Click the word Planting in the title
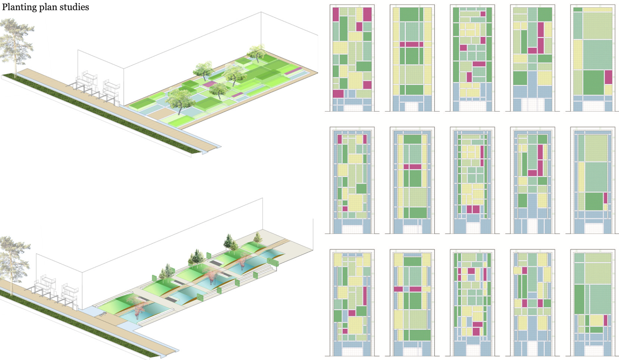tap(17, 7)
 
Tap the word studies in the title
tap(74, 7)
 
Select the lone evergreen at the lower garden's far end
tap(257, 237)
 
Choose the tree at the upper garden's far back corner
tap(257, 53)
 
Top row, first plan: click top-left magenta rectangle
tap(335, 14)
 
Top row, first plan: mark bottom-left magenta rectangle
tap(338, 94)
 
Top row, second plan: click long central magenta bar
tap(412, 44)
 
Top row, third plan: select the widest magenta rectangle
tap(479, 64)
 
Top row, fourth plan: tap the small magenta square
tap(532, 50)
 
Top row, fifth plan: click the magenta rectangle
tap(608, 77)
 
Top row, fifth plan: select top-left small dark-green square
tap(578, 10)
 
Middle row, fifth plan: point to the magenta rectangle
tap(605, 198)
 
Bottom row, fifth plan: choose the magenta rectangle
tap(606, 320)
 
